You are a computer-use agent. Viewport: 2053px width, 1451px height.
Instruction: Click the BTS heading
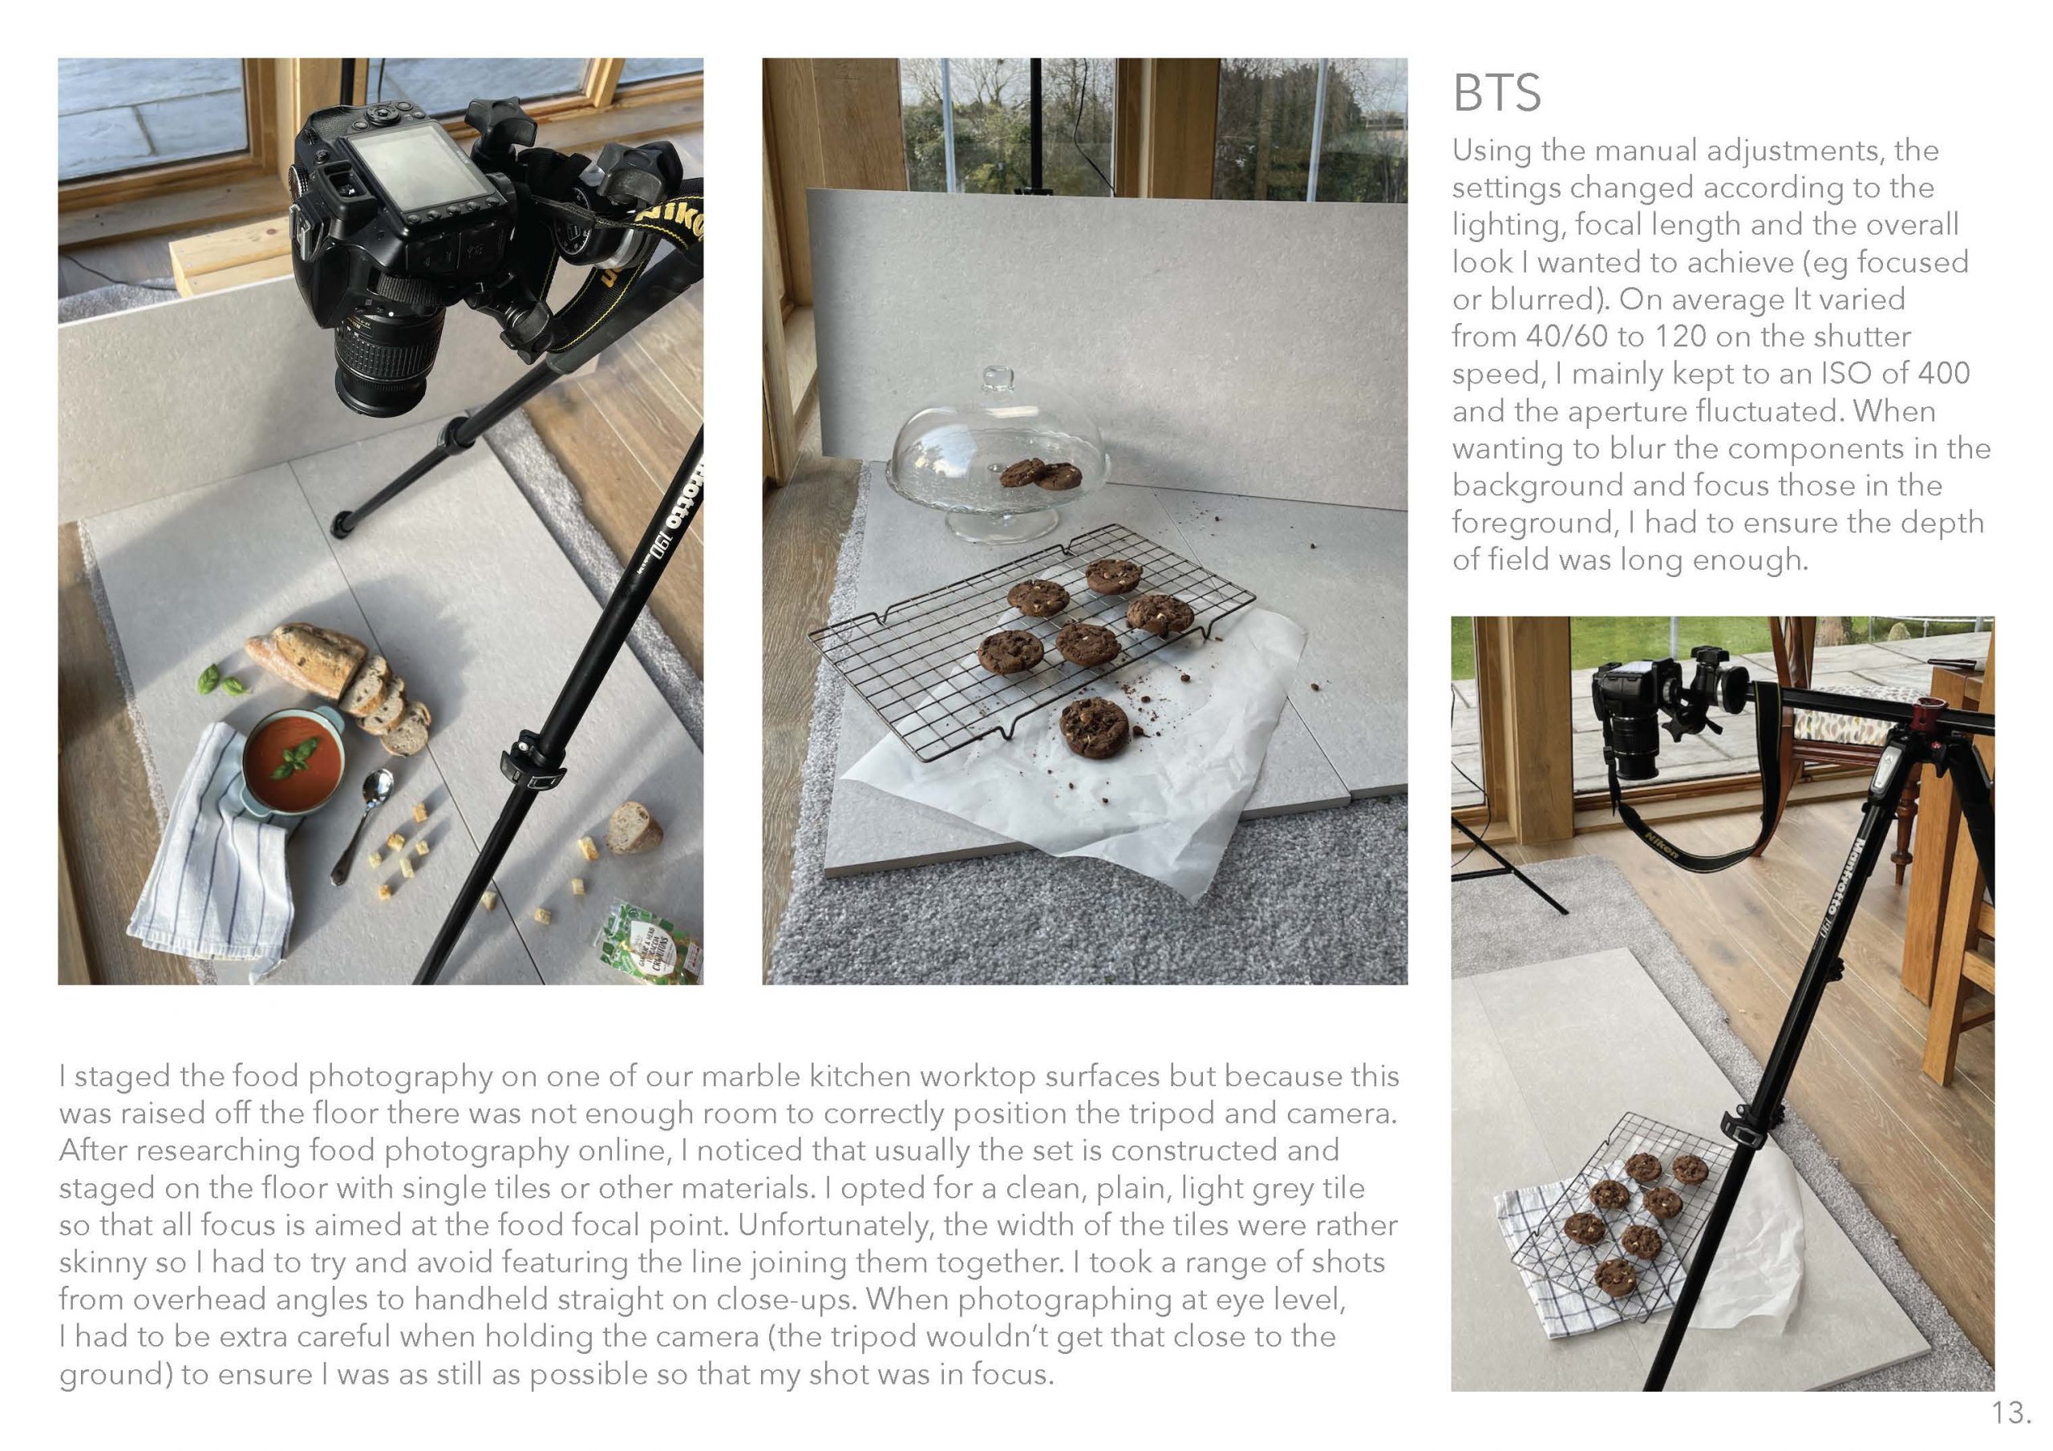tap(1496, 93)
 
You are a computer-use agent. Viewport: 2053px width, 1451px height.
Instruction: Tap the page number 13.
tap(2011, 1413)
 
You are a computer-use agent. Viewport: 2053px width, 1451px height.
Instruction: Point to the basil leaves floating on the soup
tap(294, 759)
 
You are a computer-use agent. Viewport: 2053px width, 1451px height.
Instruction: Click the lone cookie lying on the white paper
tap(1094, 727)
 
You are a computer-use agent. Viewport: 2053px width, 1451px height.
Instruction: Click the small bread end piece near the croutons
tap(634, 828)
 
